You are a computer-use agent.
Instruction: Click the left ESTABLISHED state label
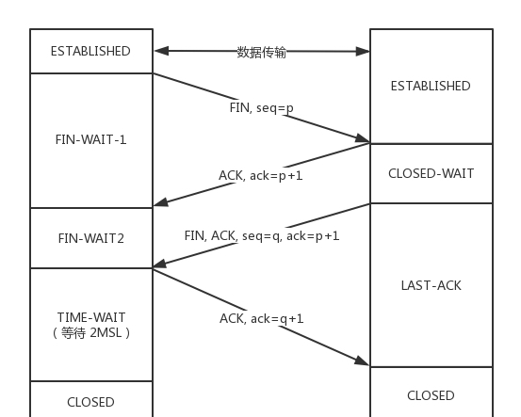pos(90,51)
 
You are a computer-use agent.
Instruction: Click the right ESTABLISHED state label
pos(431,86)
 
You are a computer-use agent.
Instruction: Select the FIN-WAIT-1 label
pos(91,139)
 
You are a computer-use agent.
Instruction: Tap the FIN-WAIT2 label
pos(91,238)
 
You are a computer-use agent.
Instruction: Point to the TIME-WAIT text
pos(91,317)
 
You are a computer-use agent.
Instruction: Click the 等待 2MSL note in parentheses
pos(91,332)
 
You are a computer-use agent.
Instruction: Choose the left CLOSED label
pos(90,402)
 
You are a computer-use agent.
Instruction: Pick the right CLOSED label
pos(431,395)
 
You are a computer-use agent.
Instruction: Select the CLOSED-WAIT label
pos(431,173)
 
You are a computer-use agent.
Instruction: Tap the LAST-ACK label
pos(431,285)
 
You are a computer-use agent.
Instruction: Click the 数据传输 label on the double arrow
pos(262,52)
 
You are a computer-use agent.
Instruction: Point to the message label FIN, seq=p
pos(262,108)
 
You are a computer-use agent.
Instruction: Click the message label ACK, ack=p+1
pos(261,175)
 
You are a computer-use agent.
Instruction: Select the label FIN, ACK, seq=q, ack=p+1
pos(262,235)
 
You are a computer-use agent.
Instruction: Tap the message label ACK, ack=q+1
pos(262,319)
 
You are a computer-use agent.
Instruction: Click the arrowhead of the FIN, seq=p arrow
pos(363,138)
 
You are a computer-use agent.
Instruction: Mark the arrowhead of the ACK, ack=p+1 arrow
pos(161,201)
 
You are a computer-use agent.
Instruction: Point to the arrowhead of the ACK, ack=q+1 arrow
pos(362,361)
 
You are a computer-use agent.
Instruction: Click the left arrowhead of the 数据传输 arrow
pos(161,51)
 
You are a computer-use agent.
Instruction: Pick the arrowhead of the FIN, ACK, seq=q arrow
pos(160,264)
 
